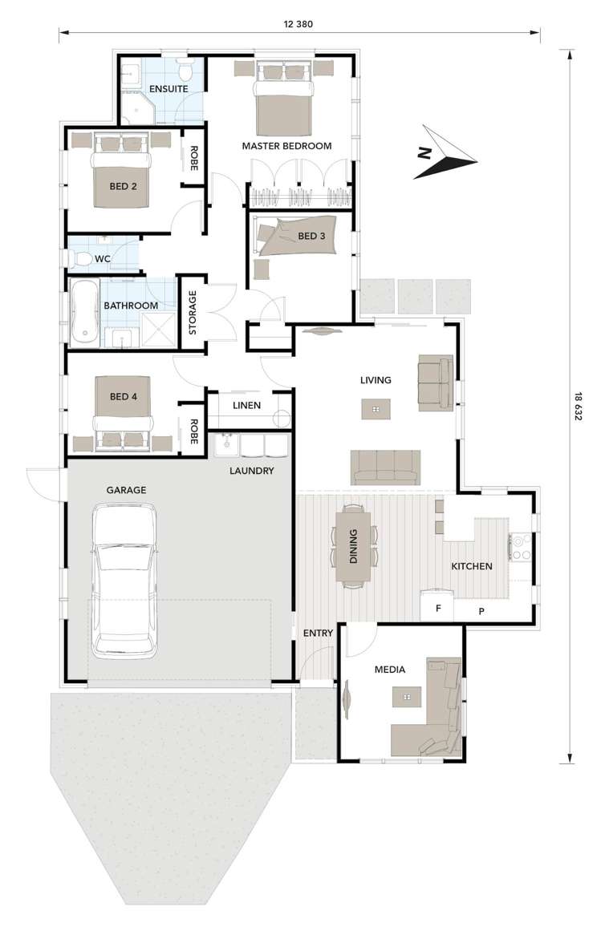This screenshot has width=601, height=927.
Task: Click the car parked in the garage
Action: point(125,581)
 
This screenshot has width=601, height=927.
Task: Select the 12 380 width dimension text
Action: point(298,24)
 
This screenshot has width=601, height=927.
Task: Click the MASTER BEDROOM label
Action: point(287,146)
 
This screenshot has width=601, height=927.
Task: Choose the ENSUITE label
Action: point(169,89)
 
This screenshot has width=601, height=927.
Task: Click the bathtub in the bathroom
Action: point(84,313)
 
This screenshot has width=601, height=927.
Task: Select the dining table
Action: point(353,545)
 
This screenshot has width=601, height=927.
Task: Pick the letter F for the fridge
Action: point(438,608)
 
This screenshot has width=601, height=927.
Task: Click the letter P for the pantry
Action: point(481,611)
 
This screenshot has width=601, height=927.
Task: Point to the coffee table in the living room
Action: point(376,409)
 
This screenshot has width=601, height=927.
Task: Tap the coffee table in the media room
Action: point(407,696)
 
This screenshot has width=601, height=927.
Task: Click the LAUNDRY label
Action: point(252,472)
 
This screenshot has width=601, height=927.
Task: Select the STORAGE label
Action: point(193,313)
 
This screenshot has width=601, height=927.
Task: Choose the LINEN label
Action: point(246,406)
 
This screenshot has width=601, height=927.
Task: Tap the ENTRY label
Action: point(319,634)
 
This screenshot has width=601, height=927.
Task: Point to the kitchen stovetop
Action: point(521,547)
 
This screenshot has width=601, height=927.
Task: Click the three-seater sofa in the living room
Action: point(386,468)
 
